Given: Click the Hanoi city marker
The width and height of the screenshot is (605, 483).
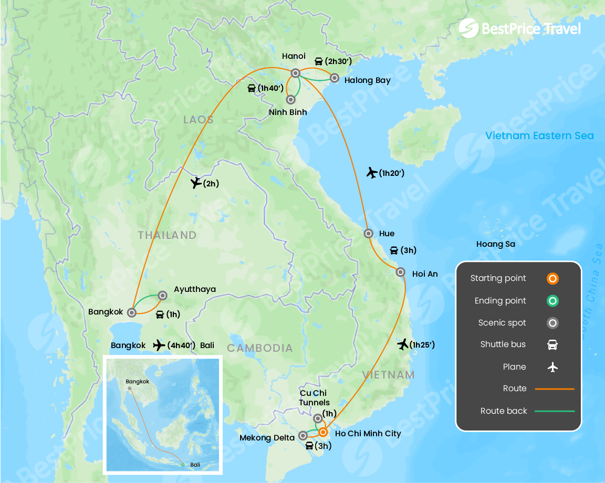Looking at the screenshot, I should (x=296, y=73).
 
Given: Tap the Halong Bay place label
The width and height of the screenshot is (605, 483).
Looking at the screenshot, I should (x=367, y=80).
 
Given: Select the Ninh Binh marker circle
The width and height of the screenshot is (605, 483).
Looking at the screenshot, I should (x=290, y=99).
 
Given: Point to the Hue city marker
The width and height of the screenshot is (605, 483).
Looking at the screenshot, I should (x=369, y=233).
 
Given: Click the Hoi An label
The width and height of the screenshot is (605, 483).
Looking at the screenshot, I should (x=425, y=274).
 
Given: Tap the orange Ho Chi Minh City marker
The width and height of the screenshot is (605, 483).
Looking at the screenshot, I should (x=323, y=432).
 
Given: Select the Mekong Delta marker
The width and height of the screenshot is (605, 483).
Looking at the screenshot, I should (x=303, y=435).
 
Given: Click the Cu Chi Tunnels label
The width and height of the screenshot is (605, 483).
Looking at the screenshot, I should (x=314, y=398).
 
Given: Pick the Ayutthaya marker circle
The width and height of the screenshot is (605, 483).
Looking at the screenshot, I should (x=163, y=296).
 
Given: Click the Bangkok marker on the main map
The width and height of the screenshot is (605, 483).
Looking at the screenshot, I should (x=132, y=312).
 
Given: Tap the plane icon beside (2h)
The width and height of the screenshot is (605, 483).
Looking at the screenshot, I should (x=196, y=183).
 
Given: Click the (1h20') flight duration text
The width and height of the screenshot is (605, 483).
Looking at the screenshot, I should (x=392, y=173).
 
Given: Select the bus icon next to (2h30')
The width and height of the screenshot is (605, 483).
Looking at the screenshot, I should (x=318, y=61).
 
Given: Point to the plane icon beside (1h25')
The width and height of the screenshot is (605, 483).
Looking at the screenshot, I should (x=403, y=344).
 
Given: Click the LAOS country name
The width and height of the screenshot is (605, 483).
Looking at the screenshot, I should (x=199, y=120).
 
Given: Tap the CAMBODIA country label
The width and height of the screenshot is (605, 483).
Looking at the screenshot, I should (x=259, y=348).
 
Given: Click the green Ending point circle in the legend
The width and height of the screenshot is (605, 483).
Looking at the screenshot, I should (x=552, y=301).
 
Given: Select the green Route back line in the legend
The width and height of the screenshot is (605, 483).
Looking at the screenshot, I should (x=554, y=411).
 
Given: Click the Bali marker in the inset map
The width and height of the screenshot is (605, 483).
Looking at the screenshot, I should (x=182, y=465).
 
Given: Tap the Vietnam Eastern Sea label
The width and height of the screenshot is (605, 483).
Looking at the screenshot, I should (x=539, y=135).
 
